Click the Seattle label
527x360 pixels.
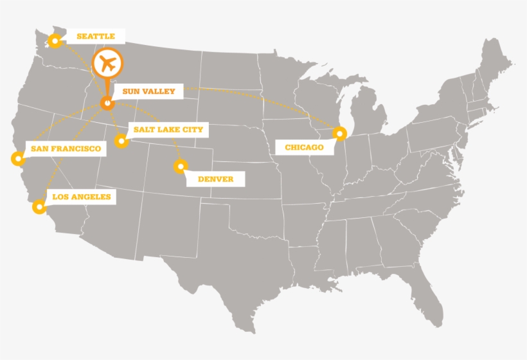[95, 37]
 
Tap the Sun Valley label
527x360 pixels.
[148, 92]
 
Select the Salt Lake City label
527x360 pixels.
[168, 130]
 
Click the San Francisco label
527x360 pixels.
[66, 149]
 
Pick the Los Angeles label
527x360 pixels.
[81, 197]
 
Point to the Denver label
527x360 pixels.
[215, 179]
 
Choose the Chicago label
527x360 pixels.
[304, 148]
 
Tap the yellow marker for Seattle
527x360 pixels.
[55, 41]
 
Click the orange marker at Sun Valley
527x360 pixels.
[107, 102]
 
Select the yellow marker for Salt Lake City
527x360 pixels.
[120, 141]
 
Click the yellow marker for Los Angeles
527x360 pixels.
[39, 206]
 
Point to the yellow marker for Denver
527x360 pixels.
[179, 166]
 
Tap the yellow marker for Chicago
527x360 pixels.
[340, 134]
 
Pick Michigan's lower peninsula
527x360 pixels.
[370, 115]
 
